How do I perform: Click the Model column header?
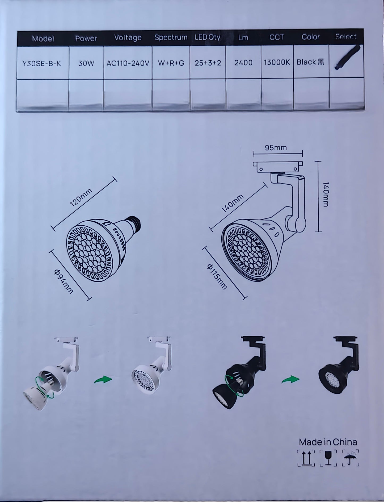click(43, 39)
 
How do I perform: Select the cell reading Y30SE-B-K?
click(42, 64)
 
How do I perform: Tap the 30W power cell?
click(86, 63)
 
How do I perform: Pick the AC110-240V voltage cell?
click(128, 63)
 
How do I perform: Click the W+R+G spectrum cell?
click(171, 63)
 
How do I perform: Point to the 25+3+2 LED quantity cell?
click(208, 63)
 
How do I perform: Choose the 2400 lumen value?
click(243, 63)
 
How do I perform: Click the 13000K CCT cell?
click(277, 62)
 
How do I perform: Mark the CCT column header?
click(277, 37)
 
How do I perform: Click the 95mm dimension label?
click(276, 148)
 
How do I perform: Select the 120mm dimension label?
click(81, 197)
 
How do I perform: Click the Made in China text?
click(328, 442)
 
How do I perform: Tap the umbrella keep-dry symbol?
click(351, 458)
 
